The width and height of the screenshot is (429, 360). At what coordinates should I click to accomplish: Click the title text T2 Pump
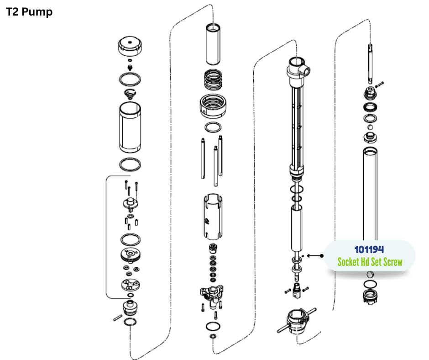[x=29, y=12]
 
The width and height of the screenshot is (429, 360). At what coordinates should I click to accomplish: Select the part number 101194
[x=369, y=249]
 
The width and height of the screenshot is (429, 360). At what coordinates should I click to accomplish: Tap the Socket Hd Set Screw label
[x=370, y=262]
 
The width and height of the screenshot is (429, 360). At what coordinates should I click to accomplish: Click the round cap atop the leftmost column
[x=130, y=46]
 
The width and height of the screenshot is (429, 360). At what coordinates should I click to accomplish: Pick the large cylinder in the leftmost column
[x=130, y=127]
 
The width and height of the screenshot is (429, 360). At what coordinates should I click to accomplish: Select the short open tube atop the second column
[x=213, y=44]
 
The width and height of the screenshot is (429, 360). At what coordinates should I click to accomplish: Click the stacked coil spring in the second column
[x=213, y=80]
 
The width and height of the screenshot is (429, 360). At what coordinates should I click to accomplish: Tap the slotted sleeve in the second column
[x=213, y=217]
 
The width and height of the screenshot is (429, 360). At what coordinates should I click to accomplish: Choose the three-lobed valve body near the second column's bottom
[x=211, y=294]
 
